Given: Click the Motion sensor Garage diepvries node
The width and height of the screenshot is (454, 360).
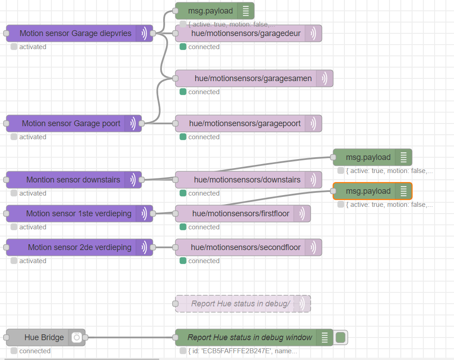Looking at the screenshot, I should pyautogui.click(x=75, y=33).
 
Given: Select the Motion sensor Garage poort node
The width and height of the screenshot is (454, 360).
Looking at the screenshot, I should pyautogui.click(x=71, y=123).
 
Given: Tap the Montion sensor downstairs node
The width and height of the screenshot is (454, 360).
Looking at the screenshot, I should pyautogui.click(x=73, y=180).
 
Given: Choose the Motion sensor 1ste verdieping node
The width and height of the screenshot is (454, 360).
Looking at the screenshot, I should pyautogui.click(x=78, y=214).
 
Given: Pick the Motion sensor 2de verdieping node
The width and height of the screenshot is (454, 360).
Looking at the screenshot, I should pyautogui.click(x=79, y=247).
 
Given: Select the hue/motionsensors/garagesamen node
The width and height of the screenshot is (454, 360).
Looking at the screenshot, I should pyautogui.click(x=253, y=78).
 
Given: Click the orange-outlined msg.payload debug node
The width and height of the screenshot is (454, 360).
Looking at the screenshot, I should pyautogui.click(x=368, y=191).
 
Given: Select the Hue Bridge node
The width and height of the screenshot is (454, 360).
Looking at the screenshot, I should pyautogui.click(x=44, y=337).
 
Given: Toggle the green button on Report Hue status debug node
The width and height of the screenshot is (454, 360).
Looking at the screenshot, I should pyautogui.click(x=341, y=337).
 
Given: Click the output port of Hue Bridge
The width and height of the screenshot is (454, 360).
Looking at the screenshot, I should pyautogui.click(x=85, y=337).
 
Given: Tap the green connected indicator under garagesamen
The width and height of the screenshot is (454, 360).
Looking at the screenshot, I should pyautogui.click(x=183, y=92).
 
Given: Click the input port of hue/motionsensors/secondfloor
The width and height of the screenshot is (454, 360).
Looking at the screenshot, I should pyautogui.click(x=175, y=247).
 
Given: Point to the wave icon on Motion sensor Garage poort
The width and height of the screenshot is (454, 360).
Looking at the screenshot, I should pyautogui.click(x=133, y=123).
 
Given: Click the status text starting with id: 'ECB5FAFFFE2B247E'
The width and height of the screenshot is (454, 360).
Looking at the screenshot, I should pyautogui.click(x=242, y=351).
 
